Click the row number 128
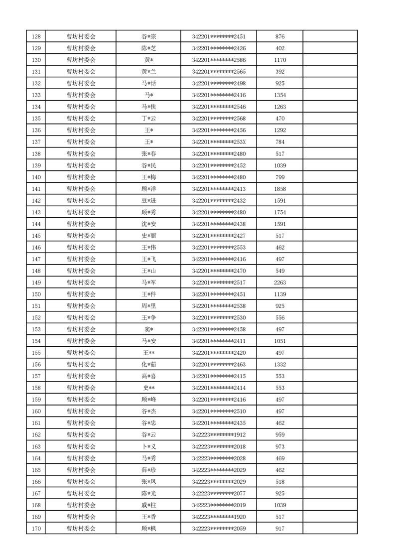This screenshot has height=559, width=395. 36,36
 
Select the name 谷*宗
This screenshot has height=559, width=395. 148,36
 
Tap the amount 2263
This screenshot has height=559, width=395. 279,282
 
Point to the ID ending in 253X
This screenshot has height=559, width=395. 219,142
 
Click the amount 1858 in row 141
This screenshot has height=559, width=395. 279,189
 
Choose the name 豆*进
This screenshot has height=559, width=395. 148,200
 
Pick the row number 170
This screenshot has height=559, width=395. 36,529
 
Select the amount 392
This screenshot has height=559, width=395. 279,72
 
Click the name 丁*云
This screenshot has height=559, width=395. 148,119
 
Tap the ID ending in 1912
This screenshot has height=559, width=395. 219,435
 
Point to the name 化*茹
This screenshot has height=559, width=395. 148,365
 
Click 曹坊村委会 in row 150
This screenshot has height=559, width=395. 81,294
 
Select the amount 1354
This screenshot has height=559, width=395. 279,95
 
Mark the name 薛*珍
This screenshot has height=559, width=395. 148,470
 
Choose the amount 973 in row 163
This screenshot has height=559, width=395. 279,446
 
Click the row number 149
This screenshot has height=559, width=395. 36,282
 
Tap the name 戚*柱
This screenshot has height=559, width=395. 148,505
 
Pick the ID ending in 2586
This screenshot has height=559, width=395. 219,60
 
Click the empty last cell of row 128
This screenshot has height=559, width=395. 330,36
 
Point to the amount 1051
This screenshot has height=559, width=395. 279,341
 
